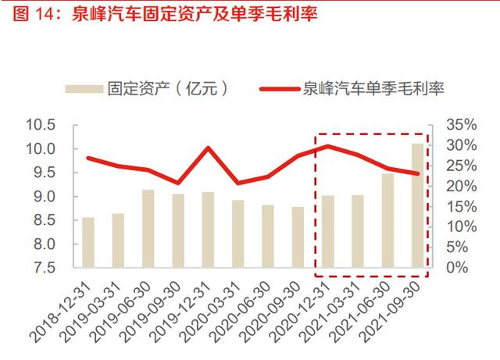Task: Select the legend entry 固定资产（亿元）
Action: [167, 87]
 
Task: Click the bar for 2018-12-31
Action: [88, 242]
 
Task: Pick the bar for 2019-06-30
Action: [148, 229]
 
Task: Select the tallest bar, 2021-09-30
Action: [417, 205]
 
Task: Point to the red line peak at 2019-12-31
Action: [208, 148]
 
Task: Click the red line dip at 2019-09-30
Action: [177, 182]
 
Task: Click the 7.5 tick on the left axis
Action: [46, 268]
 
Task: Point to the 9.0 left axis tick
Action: [46, 197]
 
